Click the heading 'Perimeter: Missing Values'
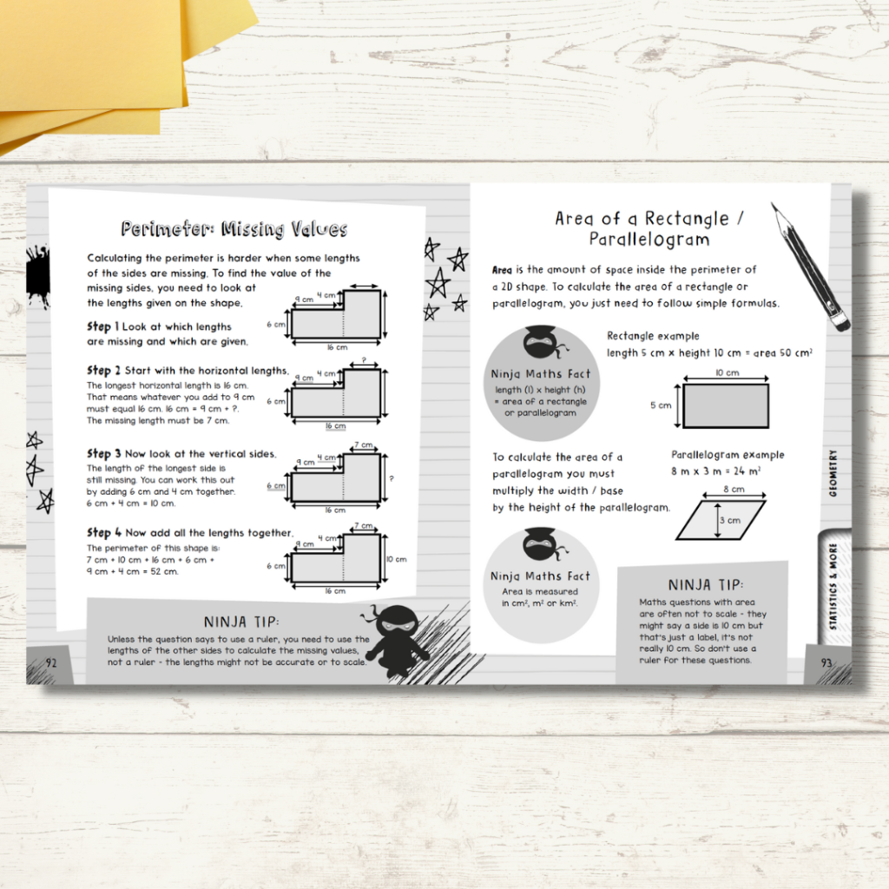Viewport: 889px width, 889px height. point(234,230)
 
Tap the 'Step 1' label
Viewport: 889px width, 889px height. point(99,327)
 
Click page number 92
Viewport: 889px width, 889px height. point(51,662)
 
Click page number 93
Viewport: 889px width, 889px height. point(826,662)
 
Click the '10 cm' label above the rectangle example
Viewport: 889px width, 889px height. point(727,372)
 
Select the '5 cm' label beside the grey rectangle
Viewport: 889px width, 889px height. point(661,405)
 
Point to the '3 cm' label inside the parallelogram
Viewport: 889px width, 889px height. point(728,521)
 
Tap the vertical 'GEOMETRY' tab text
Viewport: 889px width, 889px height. point(833,472)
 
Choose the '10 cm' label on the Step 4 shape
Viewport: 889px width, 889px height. point(396,560)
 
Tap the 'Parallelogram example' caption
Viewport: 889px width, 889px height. point(728,455)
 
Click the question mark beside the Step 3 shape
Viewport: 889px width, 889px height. point(392,478)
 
